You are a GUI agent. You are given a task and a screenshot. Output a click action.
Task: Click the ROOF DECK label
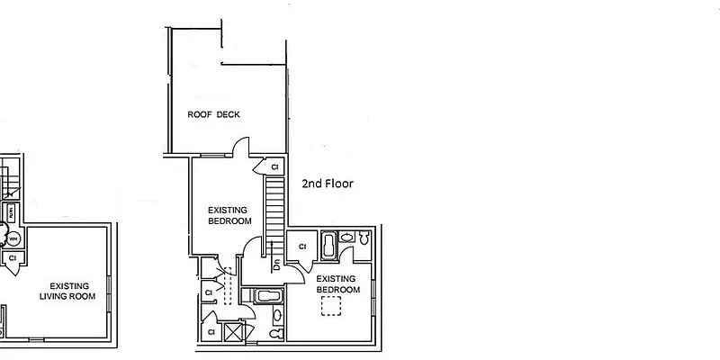pos(213,114)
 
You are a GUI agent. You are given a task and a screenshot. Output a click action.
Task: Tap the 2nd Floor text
pos(327,184)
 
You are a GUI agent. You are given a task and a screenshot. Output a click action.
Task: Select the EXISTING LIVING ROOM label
pos(68,291)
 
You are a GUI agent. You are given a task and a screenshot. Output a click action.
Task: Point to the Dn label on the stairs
pos(277,260)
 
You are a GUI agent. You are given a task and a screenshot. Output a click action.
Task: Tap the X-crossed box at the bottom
pos(234,332)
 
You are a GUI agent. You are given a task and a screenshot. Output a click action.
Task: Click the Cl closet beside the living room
pos(13,259)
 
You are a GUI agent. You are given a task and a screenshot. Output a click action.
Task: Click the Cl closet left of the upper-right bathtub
pos(301,247)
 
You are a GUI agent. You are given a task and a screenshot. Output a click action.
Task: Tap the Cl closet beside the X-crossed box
pos(211,332)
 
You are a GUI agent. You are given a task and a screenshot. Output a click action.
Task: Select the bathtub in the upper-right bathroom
pos(329,246)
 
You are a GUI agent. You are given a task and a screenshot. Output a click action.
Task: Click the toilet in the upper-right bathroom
pos(364,239)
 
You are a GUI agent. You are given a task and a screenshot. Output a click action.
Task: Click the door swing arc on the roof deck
pos(240,146)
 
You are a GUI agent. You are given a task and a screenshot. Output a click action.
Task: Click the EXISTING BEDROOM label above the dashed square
pos(338,284)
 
